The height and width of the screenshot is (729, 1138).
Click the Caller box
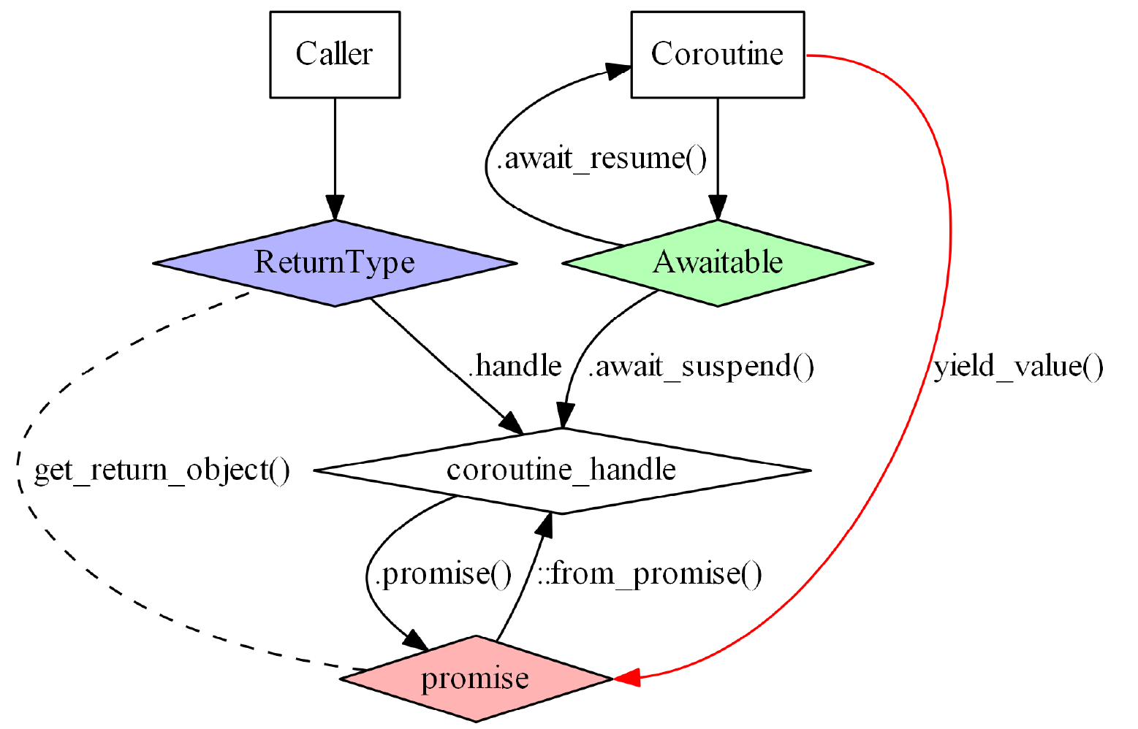[335, 54]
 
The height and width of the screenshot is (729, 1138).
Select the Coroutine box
[717, 54]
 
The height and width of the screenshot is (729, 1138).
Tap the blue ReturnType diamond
[335, 262]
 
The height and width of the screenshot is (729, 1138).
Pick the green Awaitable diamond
[717, 262]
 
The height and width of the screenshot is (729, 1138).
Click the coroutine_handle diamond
[561, 470]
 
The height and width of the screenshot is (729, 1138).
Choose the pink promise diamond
[475, 679]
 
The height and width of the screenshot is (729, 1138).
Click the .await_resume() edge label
[602, 158]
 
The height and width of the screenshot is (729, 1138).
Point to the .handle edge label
[515, 365]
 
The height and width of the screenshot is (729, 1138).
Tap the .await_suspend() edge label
[702, 365]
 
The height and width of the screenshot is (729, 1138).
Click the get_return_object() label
[162, 470]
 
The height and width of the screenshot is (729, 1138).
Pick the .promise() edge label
[443, 574]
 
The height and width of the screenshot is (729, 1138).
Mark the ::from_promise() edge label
[650, 574]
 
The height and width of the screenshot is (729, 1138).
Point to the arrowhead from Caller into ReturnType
[335, 209]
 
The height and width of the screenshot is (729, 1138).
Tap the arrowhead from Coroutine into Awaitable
[717, 209]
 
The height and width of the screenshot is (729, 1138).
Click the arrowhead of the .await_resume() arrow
[618, 71]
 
